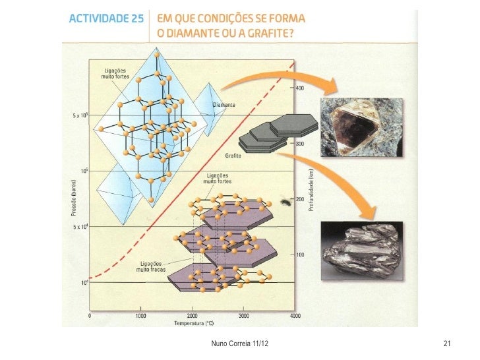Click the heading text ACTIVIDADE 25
click(105, 19)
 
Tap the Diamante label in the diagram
click(225, 105)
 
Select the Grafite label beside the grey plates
click(232, 156)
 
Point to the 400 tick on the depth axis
click(300, 88)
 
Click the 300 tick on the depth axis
click(299, 144)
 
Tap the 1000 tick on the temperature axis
click(141, 316)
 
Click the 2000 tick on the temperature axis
click(193, 316)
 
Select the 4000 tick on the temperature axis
click(295, 316)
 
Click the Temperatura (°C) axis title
click(195, 324)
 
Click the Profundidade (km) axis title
click(311, 189)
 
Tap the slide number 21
click(446, 345)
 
